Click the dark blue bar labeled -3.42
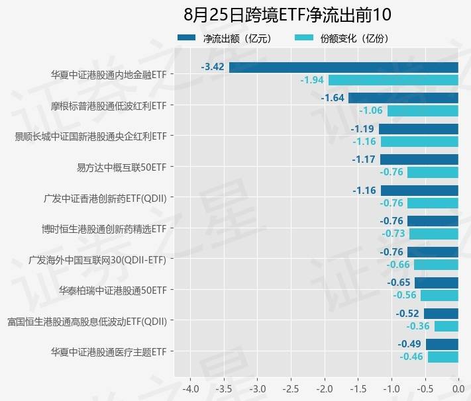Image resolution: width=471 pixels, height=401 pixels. click(x=344, y=67)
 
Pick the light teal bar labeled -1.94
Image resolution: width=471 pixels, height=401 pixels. click(x=393, y=80)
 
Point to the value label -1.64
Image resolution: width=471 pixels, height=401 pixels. click(x=333, y=98)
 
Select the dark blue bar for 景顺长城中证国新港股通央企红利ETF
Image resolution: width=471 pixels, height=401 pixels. click(x=419, y=128)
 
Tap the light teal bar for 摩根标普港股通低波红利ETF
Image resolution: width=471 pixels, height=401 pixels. click(x=423, y=111)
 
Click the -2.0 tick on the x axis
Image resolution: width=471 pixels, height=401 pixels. click(x=325, y=386)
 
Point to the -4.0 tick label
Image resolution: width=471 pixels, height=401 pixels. click(x=190, y=386)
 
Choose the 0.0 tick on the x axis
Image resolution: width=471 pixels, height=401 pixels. click(x=458, y=386)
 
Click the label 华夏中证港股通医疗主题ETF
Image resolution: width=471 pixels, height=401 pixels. click(x=109, y=351)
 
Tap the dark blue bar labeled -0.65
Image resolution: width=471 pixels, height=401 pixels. click(x=437, y=283)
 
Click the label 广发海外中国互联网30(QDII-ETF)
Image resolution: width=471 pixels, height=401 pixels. click(x=97, y=259)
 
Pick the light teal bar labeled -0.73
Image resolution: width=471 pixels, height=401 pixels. click(x=434, y=234)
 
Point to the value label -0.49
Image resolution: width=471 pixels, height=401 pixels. click(x=410, y=344)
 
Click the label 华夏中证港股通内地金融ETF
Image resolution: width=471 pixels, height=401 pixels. click(x=109, y=75)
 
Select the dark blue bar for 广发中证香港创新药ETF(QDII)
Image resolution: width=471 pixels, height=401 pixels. click(x=419, y=190)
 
